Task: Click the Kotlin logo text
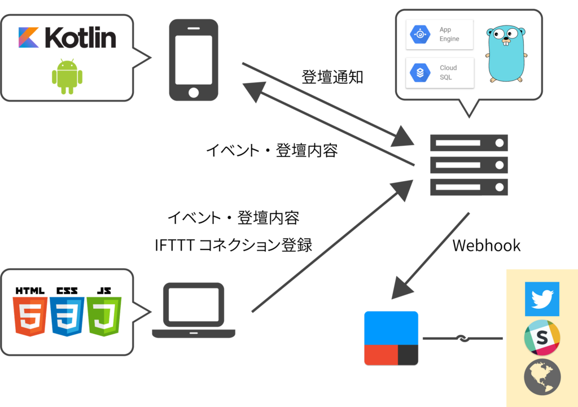pos(80,37)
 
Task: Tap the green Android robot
pos(67,76)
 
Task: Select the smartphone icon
pos(194,60)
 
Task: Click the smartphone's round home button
pos(194,92)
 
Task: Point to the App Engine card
pos(439,34)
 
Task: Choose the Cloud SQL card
pos(440,73)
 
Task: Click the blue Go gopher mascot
pos(506,54)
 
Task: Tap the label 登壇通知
pos(332,77)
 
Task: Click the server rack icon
pos(469,165)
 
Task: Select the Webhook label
pos(486,246)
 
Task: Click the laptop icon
pos(194,310)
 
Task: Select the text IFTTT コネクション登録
pos(233,245)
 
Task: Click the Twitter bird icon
pos(542,299)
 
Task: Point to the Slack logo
pos(542,338)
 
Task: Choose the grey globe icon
pos(542,377)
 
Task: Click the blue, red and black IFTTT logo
pos(391,339)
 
